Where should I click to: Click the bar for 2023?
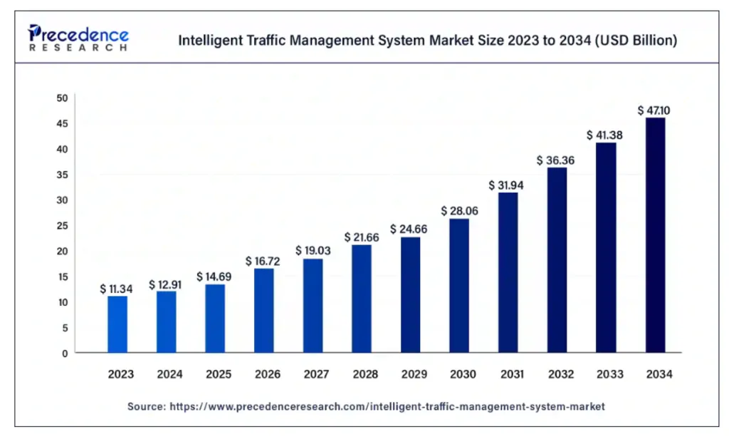pos(117,324)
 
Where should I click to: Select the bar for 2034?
pos(655,235)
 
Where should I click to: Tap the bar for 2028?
pos(362,299)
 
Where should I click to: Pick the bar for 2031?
pos(508,272)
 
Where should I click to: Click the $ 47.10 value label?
pos(654,110)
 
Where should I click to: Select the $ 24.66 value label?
pos(410,229)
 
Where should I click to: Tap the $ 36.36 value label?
pos(556,160)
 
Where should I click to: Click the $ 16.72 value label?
pos(263,262)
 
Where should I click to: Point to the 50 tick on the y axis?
pos(63,98)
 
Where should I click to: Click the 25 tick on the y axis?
pos(63,226)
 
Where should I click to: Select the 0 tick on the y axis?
pos(65,353)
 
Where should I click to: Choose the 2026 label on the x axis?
pos(263,374)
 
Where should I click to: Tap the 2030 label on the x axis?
pos(459,374)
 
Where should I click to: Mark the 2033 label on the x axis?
pos(606,374)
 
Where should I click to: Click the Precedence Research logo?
pos(78,38)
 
